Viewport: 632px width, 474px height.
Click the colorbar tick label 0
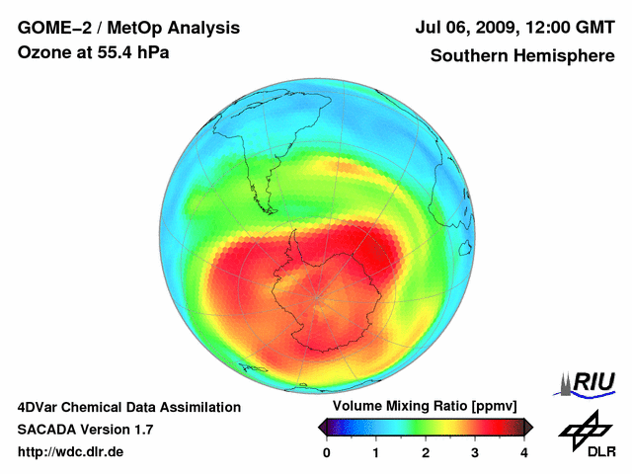[x=327, y=452]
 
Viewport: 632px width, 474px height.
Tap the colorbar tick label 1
[x=376, y=452]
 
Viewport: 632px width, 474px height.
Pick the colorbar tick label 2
[x=426, y=452]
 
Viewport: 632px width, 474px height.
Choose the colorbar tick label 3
[x=475, y=452]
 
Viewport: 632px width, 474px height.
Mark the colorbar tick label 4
[x=524, y=452]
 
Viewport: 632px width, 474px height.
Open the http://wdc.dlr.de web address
[x=71, y=452]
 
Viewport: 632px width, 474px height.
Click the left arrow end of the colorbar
[x=322, y=427]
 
